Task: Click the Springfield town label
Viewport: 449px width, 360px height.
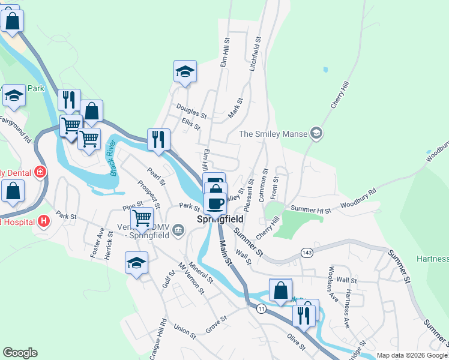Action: (220, 220)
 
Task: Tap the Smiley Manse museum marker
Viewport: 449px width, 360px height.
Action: (316, 134)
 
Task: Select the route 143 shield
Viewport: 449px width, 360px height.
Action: (307, 253)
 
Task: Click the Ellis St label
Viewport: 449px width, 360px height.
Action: (190, 124)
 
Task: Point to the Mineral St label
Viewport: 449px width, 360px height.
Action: (200, 271)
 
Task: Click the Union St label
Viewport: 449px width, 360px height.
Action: (185, 331)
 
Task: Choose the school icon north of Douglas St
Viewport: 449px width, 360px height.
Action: (185, 72)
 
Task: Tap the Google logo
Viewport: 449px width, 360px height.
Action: (20, 353)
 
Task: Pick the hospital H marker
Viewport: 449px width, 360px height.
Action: (43, 221)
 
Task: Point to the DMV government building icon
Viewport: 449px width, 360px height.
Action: (178, 230)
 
